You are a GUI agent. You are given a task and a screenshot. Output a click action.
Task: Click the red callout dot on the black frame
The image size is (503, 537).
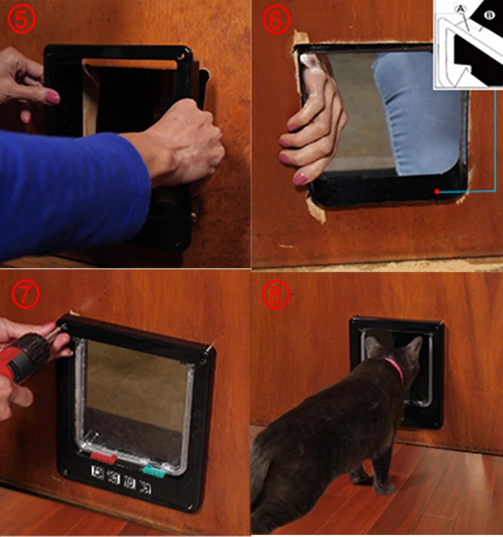(437, 192)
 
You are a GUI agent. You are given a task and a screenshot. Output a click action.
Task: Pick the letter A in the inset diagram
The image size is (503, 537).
(460, 9)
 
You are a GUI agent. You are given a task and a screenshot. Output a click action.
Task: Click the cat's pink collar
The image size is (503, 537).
(395, 368)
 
